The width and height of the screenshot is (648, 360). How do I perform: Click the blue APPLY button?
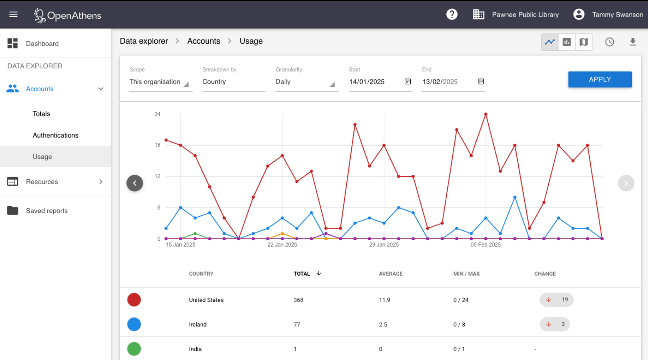[x=599, y=79]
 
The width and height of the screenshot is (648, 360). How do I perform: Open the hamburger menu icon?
[x=13, y=15]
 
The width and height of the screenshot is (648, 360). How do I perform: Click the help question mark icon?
[x=452, y=15]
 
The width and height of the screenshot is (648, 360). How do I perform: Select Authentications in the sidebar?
[x=55, y=135]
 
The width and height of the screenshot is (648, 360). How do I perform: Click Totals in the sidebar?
[x=41, y=114]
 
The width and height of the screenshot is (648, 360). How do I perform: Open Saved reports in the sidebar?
[x=47, y=211]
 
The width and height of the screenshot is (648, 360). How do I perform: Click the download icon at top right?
[x=633, y=42]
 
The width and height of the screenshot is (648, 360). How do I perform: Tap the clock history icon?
[x=609, y=42]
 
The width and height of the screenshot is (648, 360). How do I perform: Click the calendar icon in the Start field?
[x=407, y=81]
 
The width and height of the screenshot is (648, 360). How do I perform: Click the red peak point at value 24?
[x=485, y=114]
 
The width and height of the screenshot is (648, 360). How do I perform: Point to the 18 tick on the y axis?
[x=158, y=145]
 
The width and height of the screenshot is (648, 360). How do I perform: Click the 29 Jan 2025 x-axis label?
[x=384, y=245]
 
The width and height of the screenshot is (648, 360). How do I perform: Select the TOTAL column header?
[x=302, y=274]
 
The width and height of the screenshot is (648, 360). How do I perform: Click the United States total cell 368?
[x=298, y=300]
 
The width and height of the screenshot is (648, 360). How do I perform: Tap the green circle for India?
[x=134, y=349]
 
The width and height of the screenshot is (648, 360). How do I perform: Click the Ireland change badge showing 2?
[x=555, y=324]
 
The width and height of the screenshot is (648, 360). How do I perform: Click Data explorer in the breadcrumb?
[x=144, y=41]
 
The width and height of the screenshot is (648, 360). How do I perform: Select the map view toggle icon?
[x=584, y=42]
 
